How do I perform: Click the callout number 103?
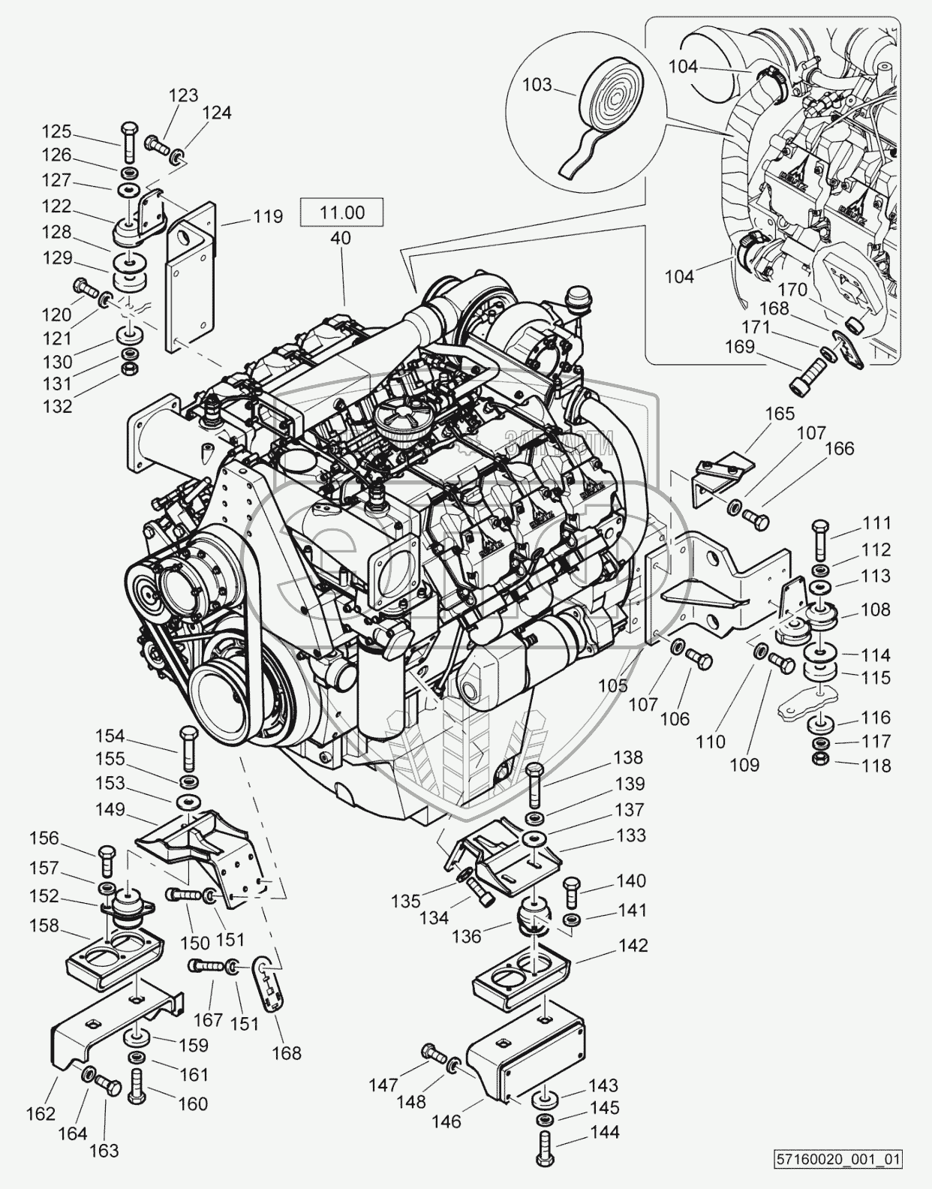click(x=537, y=85)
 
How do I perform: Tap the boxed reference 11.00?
click(x=341, y=212)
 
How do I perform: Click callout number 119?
click(x=268, y=217)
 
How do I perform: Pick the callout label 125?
click(x=56, y=132)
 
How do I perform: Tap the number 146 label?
click(x=446, y=1121)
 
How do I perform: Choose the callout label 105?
click(x=613, y=686)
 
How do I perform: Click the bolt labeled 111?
click(x=820, y=535)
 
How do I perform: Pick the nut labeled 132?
click(x=130, y=369)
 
